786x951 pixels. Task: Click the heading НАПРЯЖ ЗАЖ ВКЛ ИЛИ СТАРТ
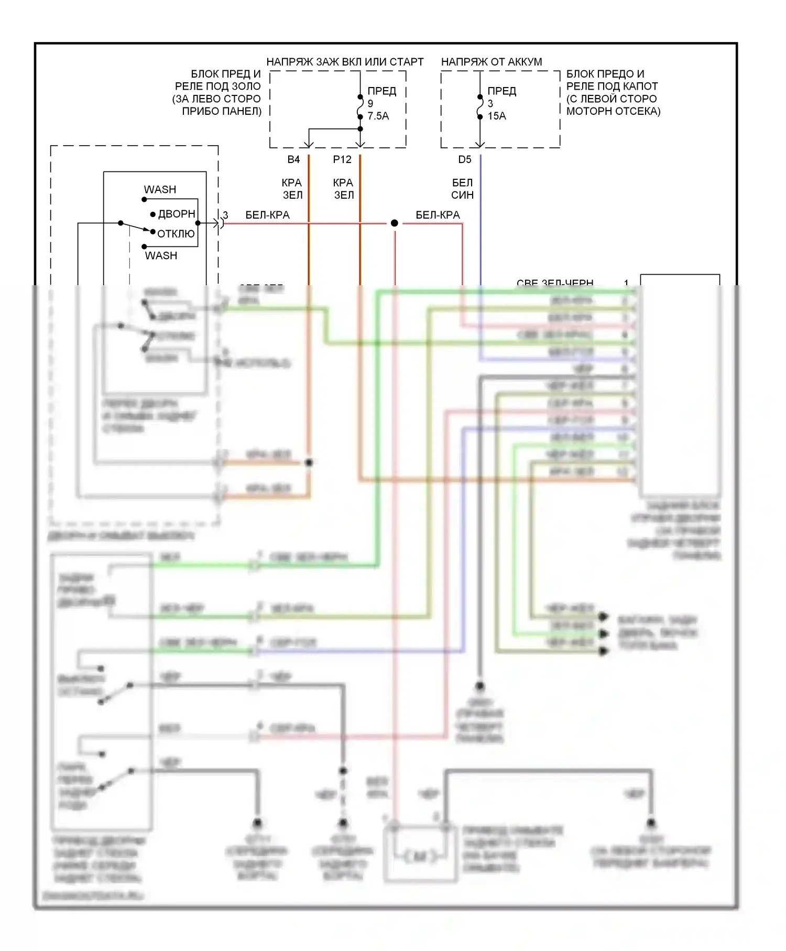click(345, 62)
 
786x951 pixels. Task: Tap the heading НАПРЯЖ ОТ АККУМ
click(491, 62)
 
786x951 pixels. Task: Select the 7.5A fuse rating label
click(378, 116)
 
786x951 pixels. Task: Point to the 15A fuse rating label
click(497, 116)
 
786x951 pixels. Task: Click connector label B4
click(293, 159)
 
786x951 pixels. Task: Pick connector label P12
click(342, 159)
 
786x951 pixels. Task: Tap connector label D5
click(465, 159)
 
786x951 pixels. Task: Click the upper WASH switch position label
click(160, 189)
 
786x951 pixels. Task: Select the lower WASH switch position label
click(161, 255)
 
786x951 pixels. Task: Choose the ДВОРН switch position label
click(177, 214)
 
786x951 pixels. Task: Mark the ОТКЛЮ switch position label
click(176, 234)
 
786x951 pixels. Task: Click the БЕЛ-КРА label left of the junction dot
click(267, 215)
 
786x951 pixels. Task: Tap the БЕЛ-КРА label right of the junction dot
click(438, 215)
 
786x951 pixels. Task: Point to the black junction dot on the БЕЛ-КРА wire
click(395, 223)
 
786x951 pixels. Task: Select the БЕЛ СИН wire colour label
click(462, 189)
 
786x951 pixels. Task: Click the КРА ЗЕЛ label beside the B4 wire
click(292, 189)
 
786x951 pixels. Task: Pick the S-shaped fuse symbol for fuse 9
click(361, 110)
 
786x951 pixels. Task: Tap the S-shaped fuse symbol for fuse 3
click(480, 110)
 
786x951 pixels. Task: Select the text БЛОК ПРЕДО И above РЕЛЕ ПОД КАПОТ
click(605, 74)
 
